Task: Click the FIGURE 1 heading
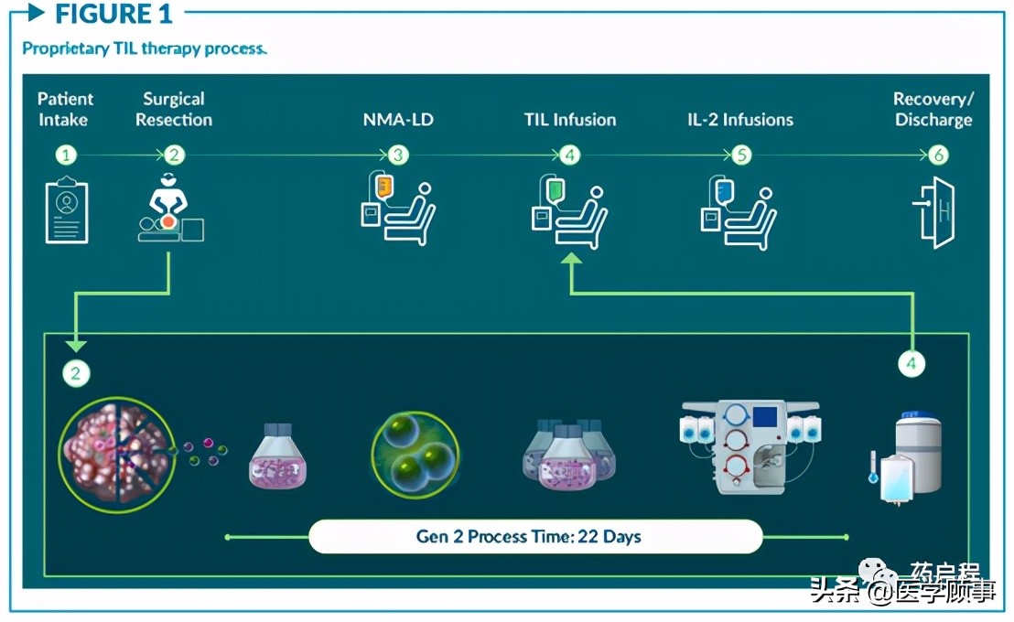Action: [x=113, y=14]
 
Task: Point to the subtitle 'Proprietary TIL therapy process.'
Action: [x=145, y=48]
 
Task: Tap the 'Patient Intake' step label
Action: [x=65, y=109]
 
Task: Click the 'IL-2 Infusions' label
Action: [x=739, y=120]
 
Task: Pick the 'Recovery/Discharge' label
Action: [x=933, y=109]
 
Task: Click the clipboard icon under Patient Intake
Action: [x=67, y=211]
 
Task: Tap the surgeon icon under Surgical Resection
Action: [x=170, y=209]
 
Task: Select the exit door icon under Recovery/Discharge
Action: [x=934, y=211]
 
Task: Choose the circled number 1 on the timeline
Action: [x=67, y=155]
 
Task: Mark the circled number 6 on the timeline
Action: [x=938, y=155]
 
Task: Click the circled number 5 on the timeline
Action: [x=741, y=155]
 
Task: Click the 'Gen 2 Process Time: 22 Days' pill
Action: [x=534, y=536]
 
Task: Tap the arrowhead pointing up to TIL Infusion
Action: [x=571, y=262]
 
